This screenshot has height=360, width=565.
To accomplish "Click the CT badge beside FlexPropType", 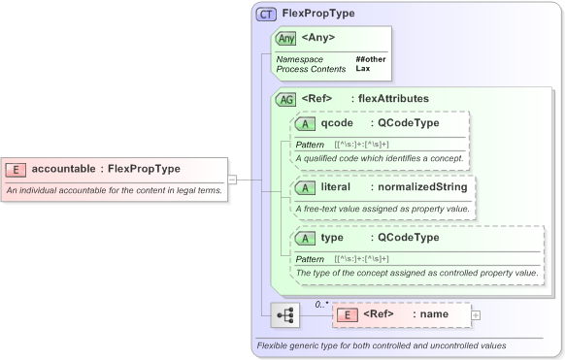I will tap(265, 14).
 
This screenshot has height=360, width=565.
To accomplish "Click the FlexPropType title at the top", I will tap(317, 14).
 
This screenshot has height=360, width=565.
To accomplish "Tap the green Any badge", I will tap(285, 39).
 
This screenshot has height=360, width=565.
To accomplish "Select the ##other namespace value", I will tap(370, 59).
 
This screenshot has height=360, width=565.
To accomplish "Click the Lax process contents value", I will tap(362, 69).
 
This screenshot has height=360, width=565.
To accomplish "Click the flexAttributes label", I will tap(393, 99).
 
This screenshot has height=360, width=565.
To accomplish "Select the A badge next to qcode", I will tap(305, 123).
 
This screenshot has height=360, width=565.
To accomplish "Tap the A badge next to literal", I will tap(305, 186).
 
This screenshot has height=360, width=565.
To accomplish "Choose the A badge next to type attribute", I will tap(305, 238).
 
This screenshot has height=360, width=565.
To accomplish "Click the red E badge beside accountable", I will tap(16, 169).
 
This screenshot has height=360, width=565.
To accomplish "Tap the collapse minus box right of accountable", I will tap(232, 179).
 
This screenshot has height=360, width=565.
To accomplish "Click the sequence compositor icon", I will tap(286, 315).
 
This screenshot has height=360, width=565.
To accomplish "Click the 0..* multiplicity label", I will tap(321, 303).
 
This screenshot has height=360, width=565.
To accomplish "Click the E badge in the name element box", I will tap(347, 315).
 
